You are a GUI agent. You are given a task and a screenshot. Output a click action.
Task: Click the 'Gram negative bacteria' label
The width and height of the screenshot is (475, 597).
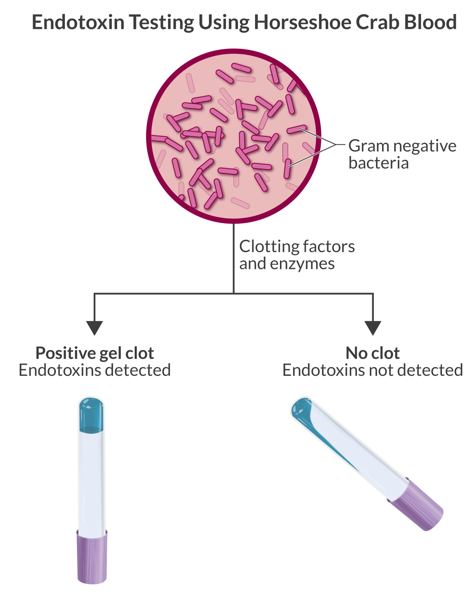point(402,154)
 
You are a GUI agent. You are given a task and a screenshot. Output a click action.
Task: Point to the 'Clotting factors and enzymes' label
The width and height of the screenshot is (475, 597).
point(297,255)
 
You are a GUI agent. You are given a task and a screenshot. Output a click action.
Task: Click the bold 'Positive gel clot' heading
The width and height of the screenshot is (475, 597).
point(95,353)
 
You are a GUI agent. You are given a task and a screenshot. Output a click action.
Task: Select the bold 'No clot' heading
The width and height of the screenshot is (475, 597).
point(373,353)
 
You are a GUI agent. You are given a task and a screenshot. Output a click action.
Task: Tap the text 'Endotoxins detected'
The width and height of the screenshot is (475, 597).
point(95,370)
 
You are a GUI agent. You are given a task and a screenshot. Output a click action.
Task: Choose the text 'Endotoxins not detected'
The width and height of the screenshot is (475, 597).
point(373,370)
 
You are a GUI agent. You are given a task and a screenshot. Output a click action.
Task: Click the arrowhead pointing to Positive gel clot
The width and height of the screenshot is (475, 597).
point(95,327)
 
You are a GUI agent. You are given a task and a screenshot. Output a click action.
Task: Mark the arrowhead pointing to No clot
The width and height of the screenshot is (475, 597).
point(373,327)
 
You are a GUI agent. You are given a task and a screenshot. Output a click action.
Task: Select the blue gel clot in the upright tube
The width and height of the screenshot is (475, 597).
point(91,414)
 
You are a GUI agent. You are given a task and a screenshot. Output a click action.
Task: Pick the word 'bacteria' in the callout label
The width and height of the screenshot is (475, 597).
point(378,163)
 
